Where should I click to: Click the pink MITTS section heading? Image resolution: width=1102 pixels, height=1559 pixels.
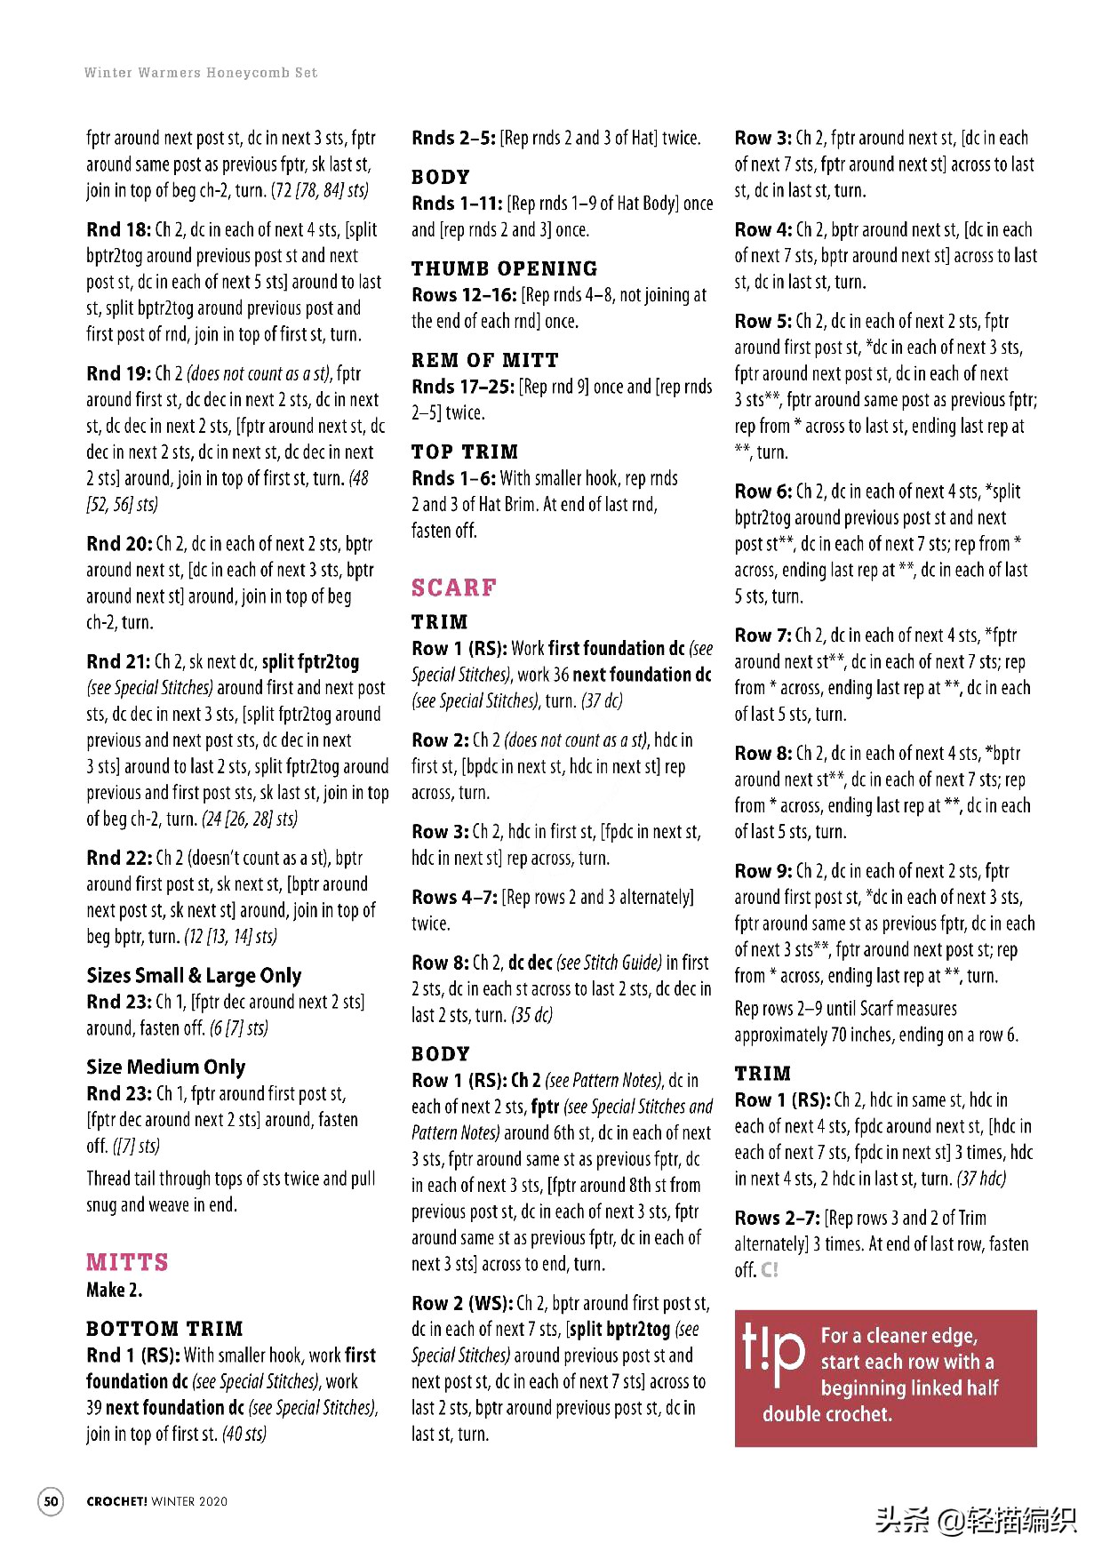(x=127, y=1262)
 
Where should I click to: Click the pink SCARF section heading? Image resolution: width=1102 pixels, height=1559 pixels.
(x=453, y=588)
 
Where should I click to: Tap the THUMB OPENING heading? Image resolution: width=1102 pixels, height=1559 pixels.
(x=504, y=268)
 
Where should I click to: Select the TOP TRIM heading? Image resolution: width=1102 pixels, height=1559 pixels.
(x=464, y=452)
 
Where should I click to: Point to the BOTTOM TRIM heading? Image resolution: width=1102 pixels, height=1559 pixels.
(x=164, y=1329)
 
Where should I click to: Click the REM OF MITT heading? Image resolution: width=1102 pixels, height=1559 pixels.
(x=484, y=360)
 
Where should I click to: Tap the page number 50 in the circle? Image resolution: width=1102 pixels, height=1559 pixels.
(x=52, y=1501)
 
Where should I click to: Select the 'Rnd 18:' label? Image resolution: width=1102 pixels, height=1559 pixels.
(x=118, y=230)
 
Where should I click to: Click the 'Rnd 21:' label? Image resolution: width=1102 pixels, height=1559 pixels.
(x=118, y=662)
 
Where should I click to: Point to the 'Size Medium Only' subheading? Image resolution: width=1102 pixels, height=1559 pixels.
(x=165, y=1067)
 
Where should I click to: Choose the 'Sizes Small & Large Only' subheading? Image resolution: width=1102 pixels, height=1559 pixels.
(x=194, y=976)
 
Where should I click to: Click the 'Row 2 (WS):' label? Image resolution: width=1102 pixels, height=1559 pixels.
(x=461, y=1304)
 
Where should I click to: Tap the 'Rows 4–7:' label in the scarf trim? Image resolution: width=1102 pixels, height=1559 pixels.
(x=454, y=898)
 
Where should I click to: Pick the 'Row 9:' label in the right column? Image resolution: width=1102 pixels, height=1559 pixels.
(x=763, y=872)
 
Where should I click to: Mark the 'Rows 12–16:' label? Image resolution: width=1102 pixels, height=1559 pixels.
(x=464, y=295)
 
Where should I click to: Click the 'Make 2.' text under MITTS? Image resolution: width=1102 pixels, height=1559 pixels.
(x=114, y=1290)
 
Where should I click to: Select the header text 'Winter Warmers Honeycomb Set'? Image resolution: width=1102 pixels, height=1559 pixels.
(x=201, y=73)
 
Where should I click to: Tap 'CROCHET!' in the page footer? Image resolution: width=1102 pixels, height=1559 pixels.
(x=116, y=1502)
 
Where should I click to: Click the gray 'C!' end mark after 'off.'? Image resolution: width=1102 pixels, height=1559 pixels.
(x=770, y=1270)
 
